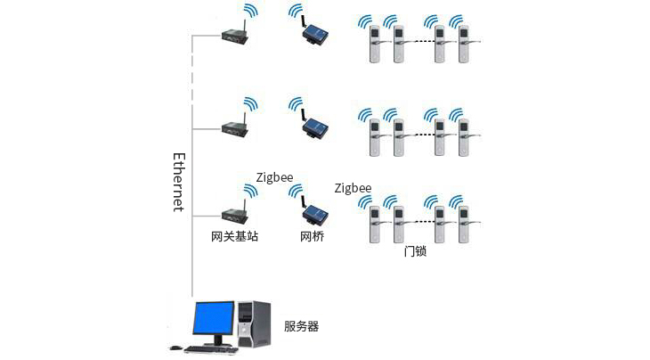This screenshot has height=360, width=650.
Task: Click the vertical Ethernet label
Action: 178,182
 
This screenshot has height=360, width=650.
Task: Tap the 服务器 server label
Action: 301,327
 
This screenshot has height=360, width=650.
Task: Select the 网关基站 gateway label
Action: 235,237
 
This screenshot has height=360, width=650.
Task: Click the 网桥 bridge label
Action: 312,237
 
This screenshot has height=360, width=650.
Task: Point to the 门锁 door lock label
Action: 415,251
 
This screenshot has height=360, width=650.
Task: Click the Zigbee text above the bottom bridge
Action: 275,177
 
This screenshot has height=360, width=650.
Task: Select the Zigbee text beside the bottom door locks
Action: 353,188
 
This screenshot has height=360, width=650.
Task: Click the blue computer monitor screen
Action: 215,318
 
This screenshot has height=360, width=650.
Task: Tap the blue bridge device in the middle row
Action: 313,128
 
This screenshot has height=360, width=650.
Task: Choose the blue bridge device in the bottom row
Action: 313,215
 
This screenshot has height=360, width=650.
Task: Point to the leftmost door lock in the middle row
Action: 375,137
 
